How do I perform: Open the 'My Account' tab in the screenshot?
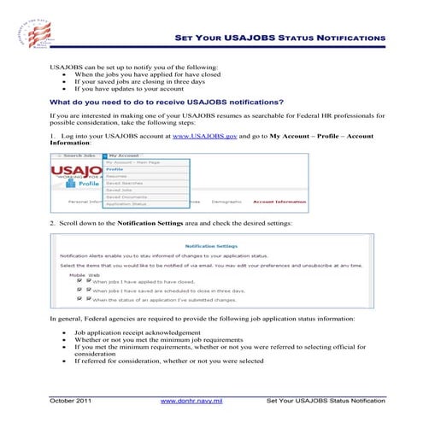(123, 156)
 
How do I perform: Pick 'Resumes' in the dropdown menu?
(117, 176)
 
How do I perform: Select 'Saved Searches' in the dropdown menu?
(125, 183)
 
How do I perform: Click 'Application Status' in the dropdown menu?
(126, 204)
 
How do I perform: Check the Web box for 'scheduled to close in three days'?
(87, 290)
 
